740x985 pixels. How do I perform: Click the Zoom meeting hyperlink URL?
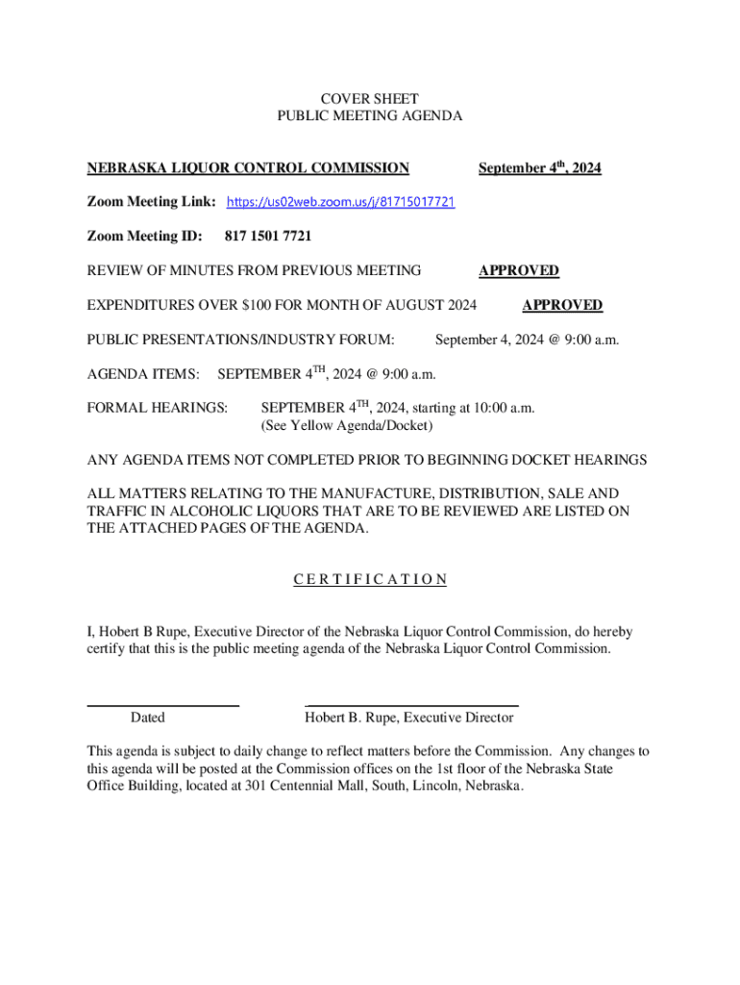pos(340,203)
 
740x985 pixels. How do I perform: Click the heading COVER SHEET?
pos(369,99)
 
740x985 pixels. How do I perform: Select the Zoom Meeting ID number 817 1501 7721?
pos(267,237)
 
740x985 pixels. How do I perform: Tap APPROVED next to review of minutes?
pos(519,271)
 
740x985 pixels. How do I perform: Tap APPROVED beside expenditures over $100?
pos(562,306)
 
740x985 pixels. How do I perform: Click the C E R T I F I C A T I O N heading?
pos(369,579)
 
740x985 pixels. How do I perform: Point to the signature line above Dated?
pos(162,706)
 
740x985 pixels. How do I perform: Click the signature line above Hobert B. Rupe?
pos(411,706)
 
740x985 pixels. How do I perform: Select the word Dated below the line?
pos(147,718)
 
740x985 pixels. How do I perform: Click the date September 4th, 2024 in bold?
pos(539,168)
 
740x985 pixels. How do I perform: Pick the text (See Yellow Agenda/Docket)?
pos(347,425)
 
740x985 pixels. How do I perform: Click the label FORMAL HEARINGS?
pos(158,408)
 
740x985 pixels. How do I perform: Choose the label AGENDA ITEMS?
pos(143,373)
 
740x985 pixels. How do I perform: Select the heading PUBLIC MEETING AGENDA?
pos(369,116)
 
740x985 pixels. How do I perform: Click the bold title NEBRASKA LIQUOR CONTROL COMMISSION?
pos(248,168)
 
